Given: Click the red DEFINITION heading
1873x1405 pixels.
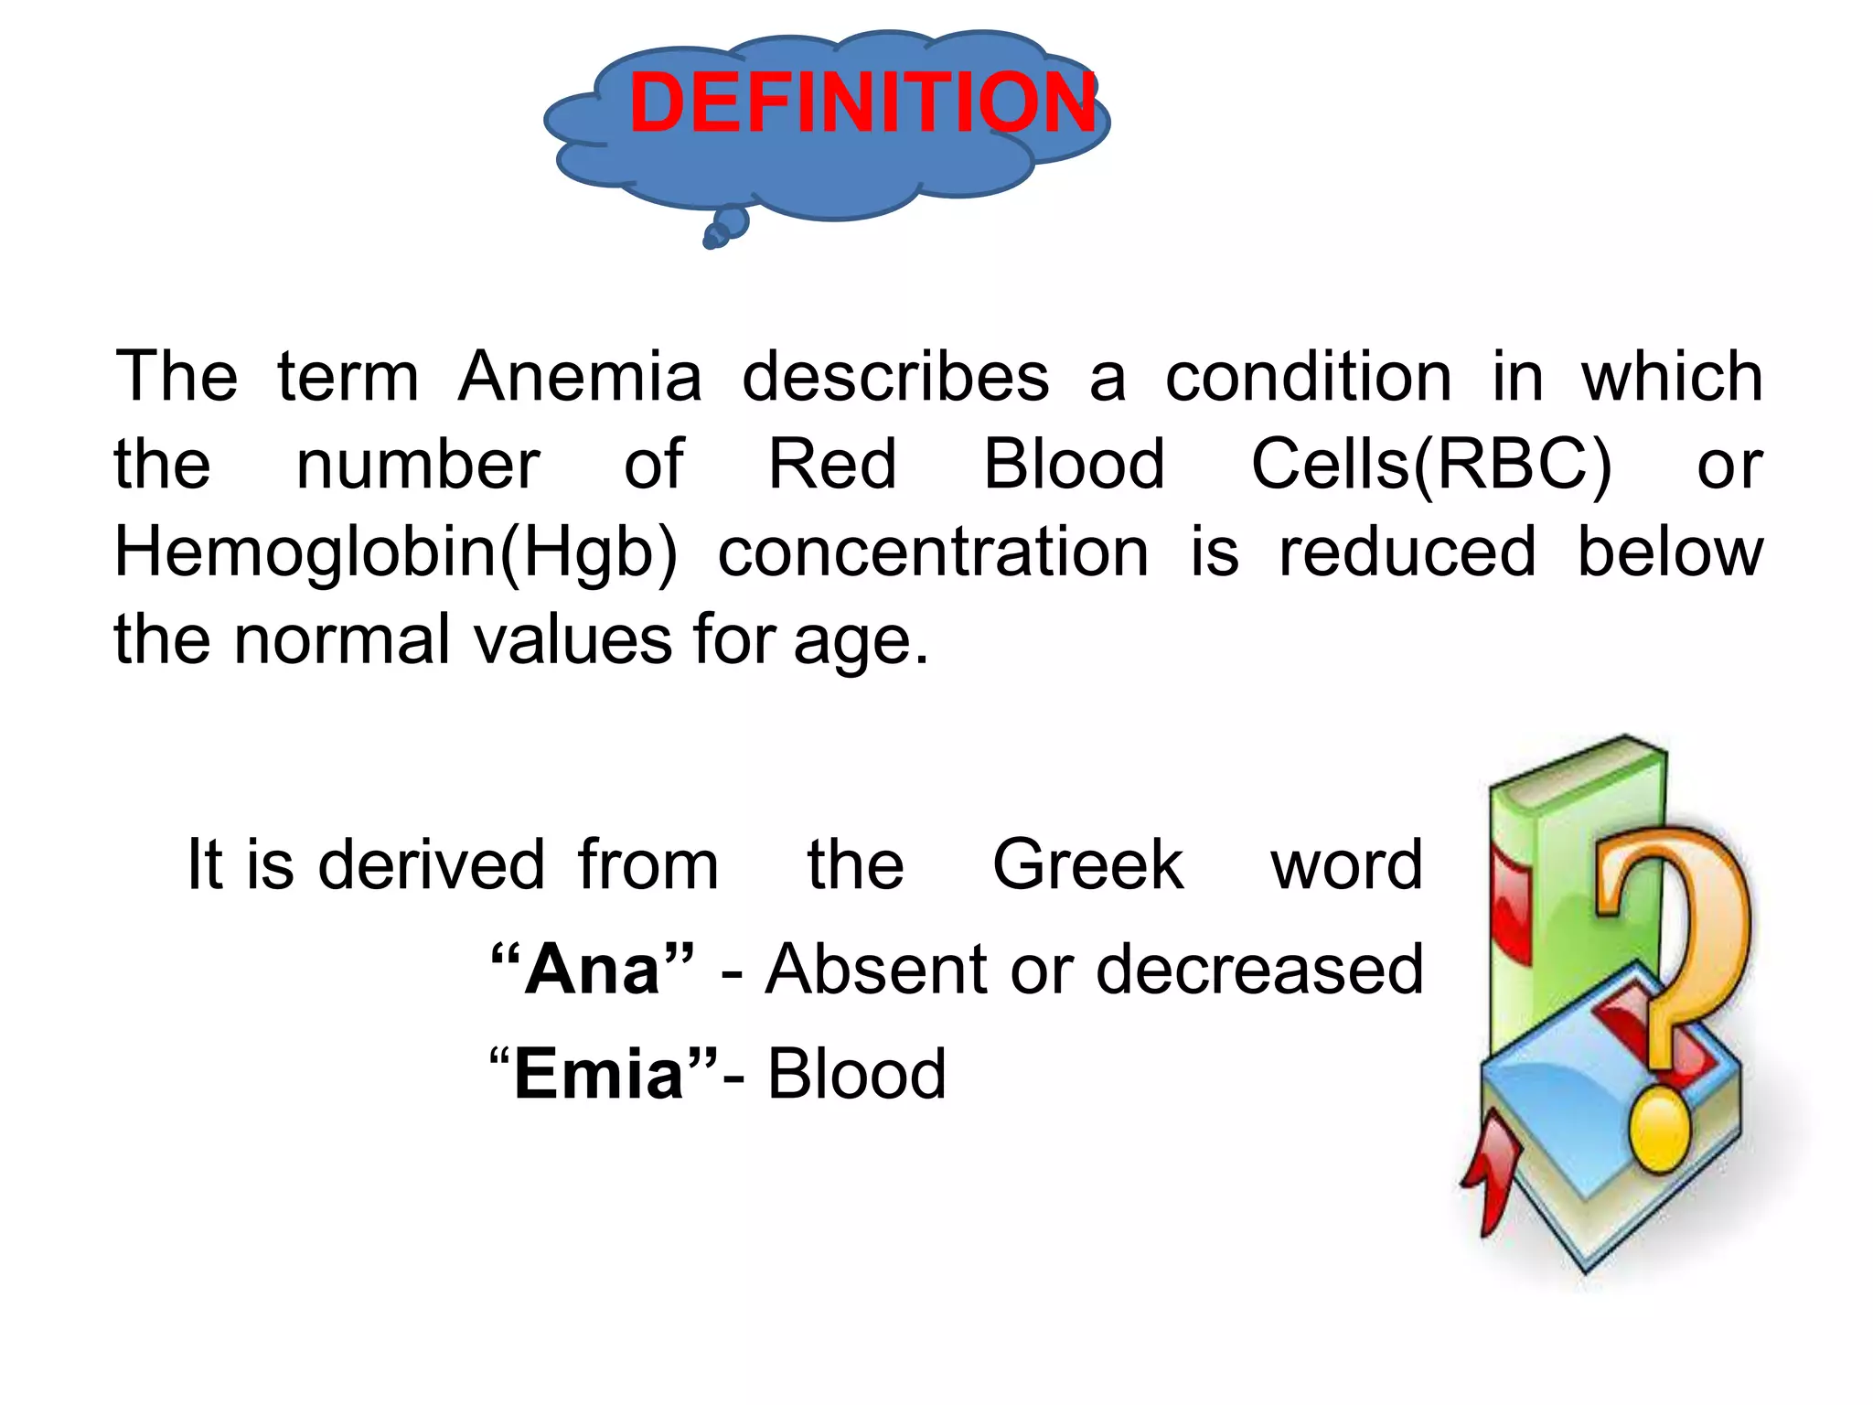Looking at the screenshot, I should pyautogui.click(x=862, y=102).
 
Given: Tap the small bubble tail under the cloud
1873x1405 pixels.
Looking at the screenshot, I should pyautogui.click(x=727, y=228).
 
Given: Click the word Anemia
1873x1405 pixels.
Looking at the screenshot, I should pyautogui.click(x=580, y=376).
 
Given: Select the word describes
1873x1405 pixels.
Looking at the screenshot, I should pyautogui.click(x=894, y=376).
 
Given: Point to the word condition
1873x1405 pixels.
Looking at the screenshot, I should pyautogui.click(x=1308, y=376).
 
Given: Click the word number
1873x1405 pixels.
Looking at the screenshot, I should pyautogui.click(x=418, y=464).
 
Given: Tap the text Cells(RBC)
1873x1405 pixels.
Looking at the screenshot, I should pyautogui.click(x=1430, y=464).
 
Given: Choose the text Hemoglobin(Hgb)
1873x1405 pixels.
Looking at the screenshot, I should pyautogui.click(x=395, y=552).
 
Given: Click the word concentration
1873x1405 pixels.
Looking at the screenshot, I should pyautogui.click(x=933, y=552).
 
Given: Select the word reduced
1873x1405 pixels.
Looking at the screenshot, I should pyautogui.click(x=1407, y=552).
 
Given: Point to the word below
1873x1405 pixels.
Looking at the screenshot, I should pyautogui.click(x=1670, y=552).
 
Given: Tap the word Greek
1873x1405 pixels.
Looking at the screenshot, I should pyautogui.click(x=1087, y=864).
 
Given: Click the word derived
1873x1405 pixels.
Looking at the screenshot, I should pyautogui.click(x=431, y=864).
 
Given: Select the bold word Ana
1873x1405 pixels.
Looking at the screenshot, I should pyautogui.click(x=593, y=969).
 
